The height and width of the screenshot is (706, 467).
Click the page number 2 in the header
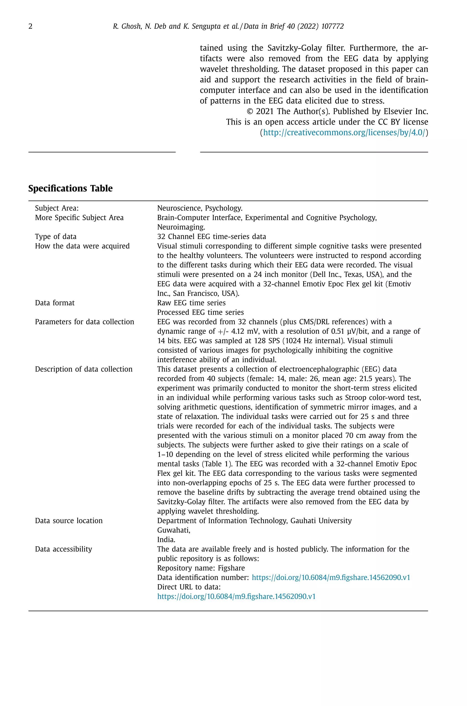30,26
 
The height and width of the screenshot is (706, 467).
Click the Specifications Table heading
70,188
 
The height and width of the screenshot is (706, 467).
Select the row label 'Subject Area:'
57,208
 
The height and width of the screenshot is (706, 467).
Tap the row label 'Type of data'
56,237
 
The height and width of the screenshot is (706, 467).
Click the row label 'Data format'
55,303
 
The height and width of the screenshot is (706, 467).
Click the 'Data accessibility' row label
63,549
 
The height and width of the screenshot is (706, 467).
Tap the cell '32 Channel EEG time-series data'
211,237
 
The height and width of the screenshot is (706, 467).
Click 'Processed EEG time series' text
200,312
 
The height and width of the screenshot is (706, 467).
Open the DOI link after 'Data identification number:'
331,577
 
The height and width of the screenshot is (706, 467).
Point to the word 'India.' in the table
166,539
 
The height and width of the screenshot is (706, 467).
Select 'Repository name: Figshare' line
201,568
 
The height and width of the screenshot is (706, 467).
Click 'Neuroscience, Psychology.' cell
200,208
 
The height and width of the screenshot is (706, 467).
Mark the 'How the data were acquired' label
82,246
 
